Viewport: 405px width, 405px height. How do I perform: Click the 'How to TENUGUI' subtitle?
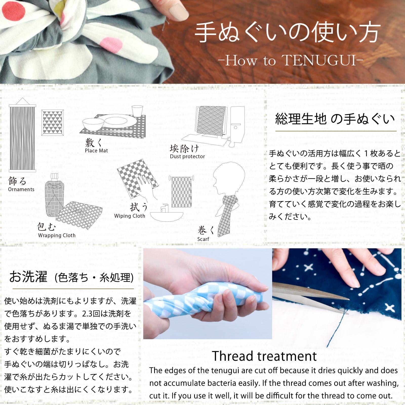291,61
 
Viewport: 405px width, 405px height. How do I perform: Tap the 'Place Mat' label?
96,151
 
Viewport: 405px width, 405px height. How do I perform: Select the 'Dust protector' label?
187,156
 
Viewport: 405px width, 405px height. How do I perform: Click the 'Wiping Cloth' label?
130,216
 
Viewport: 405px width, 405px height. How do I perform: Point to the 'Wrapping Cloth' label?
57,235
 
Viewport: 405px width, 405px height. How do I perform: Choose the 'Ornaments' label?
21,189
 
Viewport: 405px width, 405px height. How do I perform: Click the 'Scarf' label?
203,239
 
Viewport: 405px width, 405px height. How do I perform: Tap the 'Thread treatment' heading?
264,356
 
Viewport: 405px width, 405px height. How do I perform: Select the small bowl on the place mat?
93,124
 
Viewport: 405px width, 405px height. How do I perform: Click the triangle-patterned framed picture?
52,123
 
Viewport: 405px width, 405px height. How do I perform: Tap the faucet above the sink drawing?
164,208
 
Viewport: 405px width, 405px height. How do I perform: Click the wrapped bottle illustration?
54,195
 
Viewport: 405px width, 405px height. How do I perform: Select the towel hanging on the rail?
181,192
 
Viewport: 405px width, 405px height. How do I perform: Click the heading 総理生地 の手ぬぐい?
335,119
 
